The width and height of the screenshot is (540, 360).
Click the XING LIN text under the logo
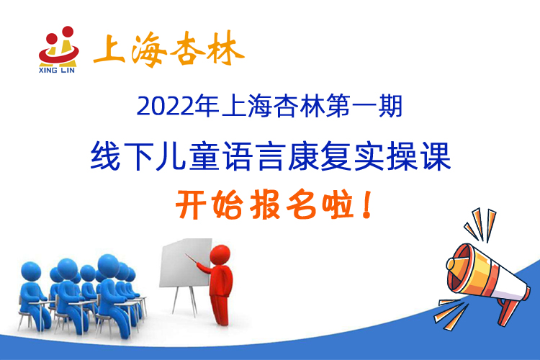[x=57, y=71]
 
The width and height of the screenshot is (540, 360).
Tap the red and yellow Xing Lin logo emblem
[x=58, y=46]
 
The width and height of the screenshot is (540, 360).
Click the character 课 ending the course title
[x=436, y=156]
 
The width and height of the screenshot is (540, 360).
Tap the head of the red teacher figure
[x=220, y=255]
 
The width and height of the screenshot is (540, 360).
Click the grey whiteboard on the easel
[x=186, y=263]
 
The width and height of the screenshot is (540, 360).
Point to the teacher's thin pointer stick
[x=194, y=259]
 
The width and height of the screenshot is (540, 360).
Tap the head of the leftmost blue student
[x=31, y=271]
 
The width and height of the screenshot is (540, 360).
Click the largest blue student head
[x=109, y=265]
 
